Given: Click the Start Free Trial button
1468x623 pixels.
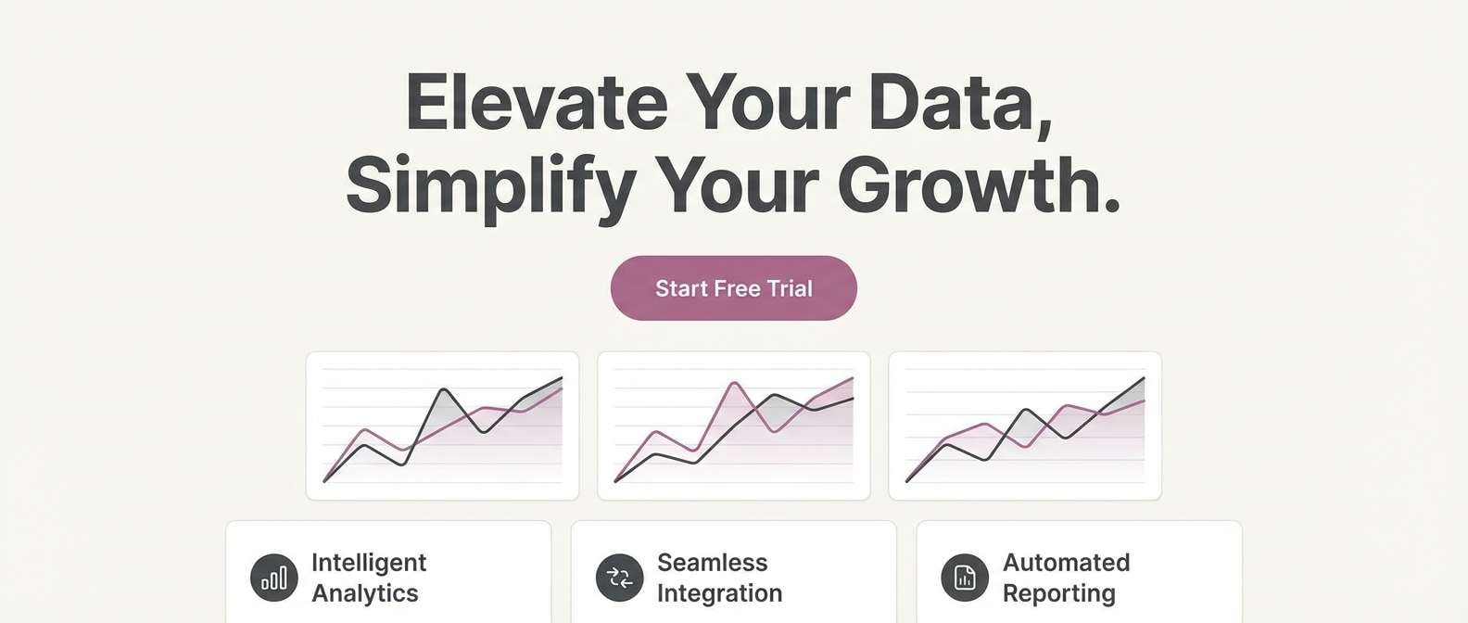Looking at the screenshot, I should tap(733, 288).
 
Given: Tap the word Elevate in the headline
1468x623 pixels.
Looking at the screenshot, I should tap(536, 102).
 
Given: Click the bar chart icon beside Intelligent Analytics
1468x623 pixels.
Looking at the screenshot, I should tap(273, 578).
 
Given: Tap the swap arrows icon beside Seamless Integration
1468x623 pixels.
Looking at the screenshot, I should tap(619, 578).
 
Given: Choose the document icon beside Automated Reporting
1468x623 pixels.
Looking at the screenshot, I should tap(965, 578).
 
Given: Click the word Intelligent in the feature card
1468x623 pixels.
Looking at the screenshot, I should tap(369, 563).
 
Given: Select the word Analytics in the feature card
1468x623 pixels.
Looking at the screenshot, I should tap(364, 593).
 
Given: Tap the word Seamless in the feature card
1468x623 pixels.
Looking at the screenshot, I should tap(712, 563).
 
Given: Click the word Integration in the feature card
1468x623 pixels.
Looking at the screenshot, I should tap(719, 593).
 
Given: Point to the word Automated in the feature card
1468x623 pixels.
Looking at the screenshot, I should tap(1066, 563).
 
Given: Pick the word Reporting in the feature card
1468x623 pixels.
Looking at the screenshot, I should tap(1058, 593).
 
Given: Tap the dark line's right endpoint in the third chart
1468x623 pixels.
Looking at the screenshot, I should tap(1144, 378).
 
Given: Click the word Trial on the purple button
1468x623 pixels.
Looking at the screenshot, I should tap(790, 288).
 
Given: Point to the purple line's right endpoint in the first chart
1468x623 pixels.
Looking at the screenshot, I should tap(562, 389).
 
